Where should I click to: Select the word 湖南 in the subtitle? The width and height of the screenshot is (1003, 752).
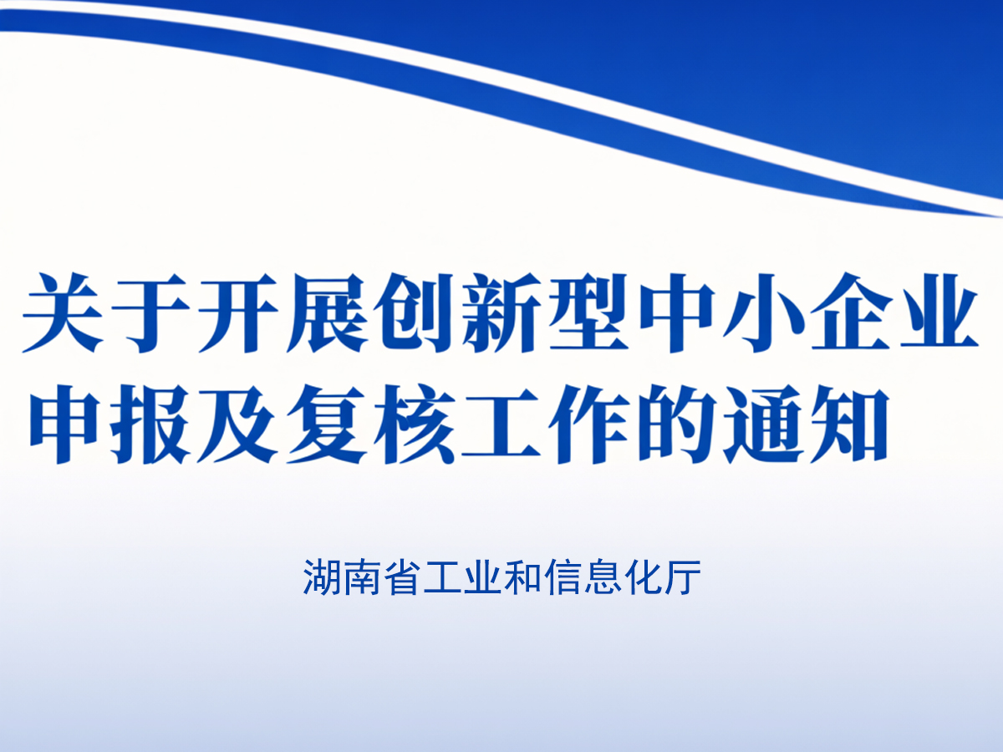[343, 577]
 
